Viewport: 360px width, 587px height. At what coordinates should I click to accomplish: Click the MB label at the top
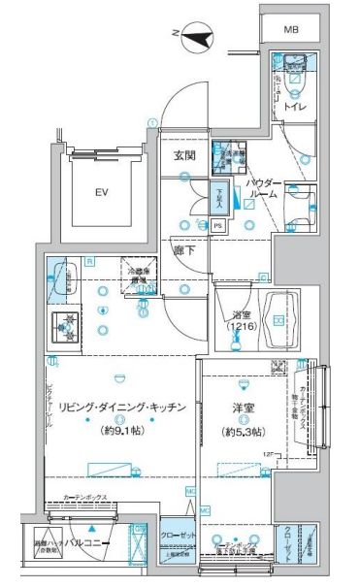(291, 30)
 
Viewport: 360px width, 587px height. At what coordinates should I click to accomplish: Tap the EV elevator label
(100, 192)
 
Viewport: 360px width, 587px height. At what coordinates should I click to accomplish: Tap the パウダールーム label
(263, 188)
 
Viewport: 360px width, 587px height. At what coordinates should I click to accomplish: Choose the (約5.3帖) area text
(243, 431)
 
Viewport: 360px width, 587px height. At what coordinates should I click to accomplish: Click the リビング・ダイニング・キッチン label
(122, 408)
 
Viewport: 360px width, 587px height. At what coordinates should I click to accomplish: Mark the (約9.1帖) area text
(121, 430)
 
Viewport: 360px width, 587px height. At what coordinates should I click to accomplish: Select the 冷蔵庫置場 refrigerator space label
(134, 274)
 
